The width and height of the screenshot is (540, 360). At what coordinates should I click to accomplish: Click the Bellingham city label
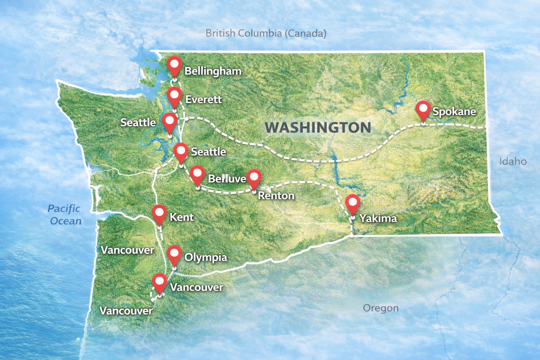213,71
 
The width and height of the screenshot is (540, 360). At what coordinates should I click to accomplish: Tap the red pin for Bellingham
174,66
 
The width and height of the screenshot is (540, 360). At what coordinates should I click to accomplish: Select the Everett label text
203,99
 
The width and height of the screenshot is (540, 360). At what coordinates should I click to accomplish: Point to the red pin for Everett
174,96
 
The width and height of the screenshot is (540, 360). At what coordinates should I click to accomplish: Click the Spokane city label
454,111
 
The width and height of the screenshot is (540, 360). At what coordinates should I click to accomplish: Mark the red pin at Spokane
423,109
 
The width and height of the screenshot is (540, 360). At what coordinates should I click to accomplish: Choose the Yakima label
378,218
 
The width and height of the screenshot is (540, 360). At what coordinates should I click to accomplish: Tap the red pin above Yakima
352,204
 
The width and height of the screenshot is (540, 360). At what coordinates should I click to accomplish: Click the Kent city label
181,217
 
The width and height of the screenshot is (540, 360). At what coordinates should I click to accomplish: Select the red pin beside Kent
159,214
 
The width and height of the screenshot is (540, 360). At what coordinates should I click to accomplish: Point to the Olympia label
206,257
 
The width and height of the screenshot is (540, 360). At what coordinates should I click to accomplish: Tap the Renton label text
276,195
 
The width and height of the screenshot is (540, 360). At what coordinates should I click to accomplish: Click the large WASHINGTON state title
318,127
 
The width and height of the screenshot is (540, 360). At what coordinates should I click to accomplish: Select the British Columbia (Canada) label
266,33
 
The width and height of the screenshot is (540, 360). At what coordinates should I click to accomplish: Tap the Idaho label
513,161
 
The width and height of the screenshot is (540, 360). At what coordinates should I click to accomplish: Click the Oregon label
380,308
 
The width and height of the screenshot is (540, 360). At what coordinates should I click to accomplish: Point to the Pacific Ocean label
65,214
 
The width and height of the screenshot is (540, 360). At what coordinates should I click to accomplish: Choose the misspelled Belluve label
227,179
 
